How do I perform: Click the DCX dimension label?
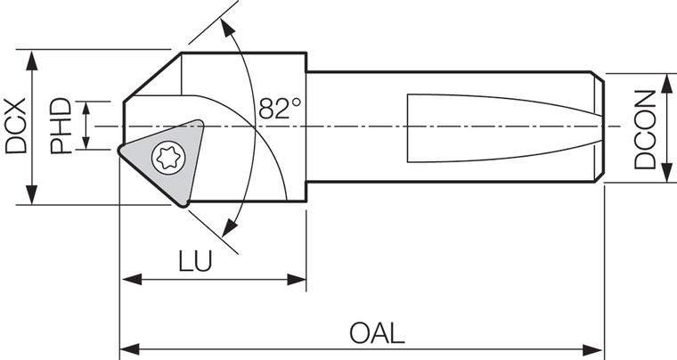(15, 127)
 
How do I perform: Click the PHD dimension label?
(61, 127)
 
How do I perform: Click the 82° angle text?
(281, 108)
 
